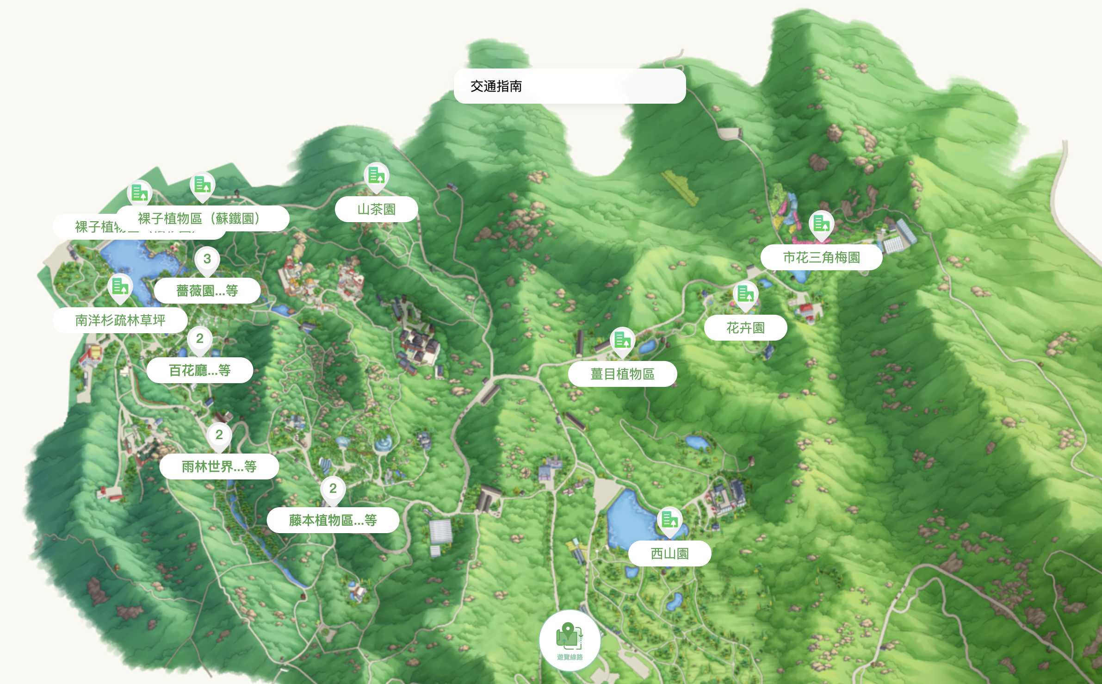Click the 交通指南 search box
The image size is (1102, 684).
[x=569, y=87]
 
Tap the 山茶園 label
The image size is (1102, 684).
[x=376, y=210]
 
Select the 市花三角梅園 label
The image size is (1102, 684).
[x=821, y=258]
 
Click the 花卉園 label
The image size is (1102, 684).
[x=745, y=328]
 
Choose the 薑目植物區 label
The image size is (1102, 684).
[x=622, y=374]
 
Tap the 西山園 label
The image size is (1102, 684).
[x=669, y=553]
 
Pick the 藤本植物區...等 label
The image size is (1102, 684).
[x=333, y=521]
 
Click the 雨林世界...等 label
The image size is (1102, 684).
[x=219, y=466]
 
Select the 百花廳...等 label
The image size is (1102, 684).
[x=199, y=370]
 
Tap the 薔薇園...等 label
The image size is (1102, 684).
[x=207, y=291]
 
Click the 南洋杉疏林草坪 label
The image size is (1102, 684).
[x=120, y=320]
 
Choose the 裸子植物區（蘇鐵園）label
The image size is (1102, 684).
[x=202, y=218]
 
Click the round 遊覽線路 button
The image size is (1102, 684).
[x=570, y=640]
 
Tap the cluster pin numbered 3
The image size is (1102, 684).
[x=207, y=260]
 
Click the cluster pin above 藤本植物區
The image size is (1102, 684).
[x=333, y=489]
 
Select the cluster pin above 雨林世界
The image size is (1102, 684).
[x=219, y=435]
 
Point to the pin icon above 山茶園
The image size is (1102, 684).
[x=376, y=176]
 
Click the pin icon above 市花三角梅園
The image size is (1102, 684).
[x=821, y=224]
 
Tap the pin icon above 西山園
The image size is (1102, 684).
[x=669, y=520]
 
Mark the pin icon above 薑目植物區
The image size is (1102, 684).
[x=622, y=341]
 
